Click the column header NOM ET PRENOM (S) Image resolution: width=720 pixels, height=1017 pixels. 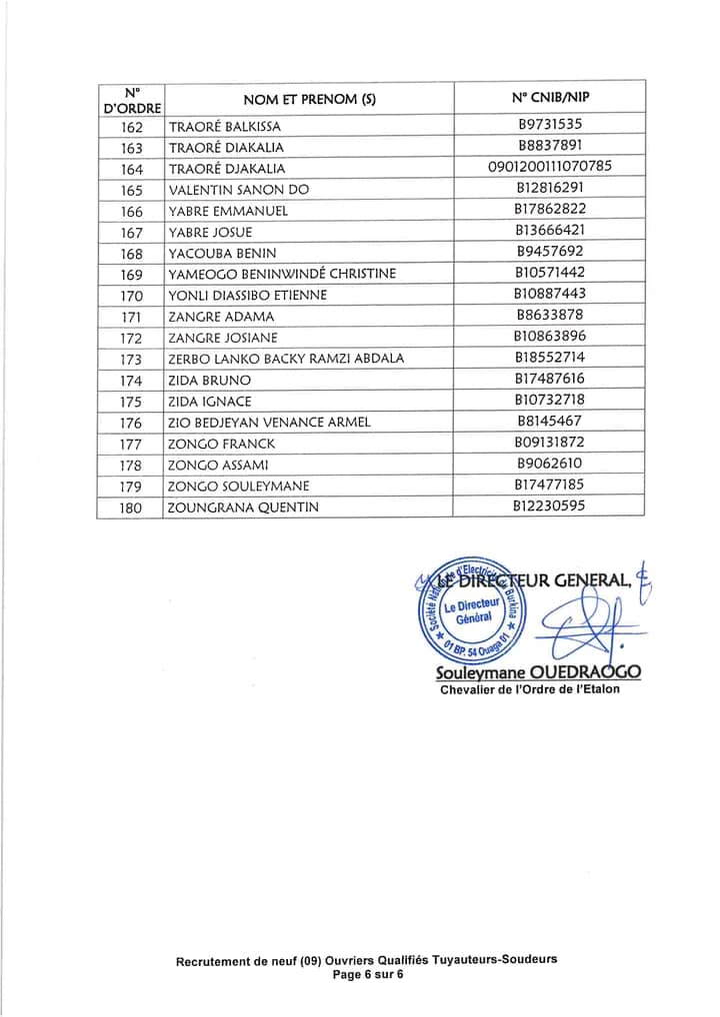tap(309, 99)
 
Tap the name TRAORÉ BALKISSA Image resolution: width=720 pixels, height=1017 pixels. tap(225, 127)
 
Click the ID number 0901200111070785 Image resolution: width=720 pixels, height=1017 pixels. tap(549, 167)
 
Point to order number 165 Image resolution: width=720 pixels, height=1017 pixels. tap(131, 190)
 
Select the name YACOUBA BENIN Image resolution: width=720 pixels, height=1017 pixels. tap(222, 254)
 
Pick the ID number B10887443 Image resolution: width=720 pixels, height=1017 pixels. tap(549, 294)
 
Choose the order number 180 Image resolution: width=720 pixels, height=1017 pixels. tap(131, 508)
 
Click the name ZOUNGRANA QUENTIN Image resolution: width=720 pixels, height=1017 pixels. tap(243, 508)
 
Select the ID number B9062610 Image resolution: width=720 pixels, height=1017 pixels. tap(549, 464)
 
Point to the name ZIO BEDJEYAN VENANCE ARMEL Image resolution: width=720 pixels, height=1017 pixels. tap(269, 423)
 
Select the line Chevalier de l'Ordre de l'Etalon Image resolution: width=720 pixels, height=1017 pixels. tap(529, 690)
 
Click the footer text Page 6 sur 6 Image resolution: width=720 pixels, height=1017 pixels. tap(367, 974)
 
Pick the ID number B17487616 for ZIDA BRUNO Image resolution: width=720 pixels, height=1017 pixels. tap(549, 379)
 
